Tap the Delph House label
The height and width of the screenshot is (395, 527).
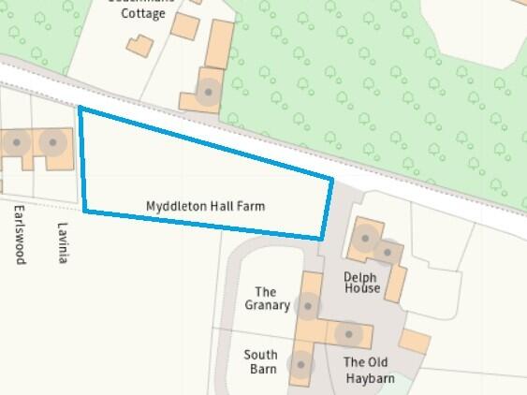pos(361,283)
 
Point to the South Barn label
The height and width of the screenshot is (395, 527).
pos(260,361)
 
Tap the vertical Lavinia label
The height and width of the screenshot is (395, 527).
pos(63,242)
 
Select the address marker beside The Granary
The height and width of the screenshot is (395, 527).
pos(307,305)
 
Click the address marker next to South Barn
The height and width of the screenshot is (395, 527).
pos(300,365)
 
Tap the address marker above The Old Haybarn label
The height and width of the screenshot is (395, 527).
pos(348,332)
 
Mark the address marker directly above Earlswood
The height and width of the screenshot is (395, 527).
pos(16,143)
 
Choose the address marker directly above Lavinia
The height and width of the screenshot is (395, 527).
pos(52,143)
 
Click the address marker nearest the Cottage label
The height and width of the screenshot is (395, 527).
pos(207,93)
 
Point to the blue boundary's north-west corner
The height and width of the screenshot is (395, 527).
pos(80,109)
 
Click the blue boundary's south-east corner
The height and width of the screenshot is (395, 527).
pos(322,238)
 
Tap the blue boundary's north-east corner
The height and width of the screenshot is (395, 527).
pos(332,177)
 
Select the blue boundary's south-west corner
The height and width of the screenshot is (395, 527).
pos(85,211)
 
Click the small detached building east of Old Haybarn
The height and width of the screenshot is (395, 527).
pos(415,342)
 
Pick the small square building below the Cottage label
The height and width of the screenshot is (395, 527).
pos(139,46)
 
